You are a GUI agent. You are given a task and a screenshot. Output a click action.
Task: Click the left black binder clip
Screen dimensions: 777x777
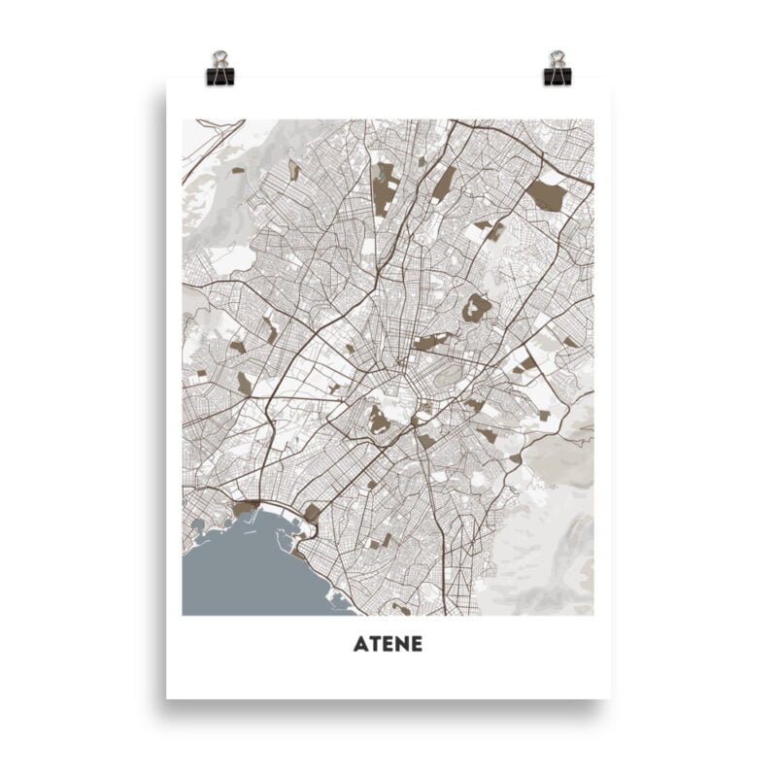(x=220, y=73)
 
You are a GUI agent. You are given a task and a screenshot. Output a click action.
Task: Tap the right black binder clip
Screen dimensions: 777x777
(x=557, y=73)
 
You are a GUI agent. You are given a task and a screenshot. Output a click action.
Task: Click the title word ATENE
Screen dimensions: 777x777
(x=388, y=644)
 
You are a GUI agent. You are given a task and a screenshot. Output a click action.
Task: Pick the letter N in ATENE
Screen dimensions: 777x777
(x=401, y=644)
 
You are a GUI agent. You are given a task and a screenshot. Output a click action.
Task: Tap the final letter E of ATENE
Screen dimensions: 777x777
(x=416, y=644)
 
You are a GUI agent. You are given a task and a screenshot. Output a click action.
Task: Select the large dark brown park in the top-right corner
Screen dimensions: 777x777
(x=547, y=194)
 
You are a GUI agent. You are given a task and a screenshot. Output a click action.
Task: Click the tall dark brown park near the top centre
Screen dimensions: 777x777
(x=385, y=188)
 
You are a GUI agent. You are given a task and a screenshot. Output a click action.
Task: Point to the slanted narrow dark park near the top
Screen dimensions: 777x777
(x=443, y=184)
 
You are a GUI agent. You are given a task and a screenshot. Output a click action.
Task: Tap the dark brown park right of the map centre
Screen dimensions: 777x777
(x=476, y=308)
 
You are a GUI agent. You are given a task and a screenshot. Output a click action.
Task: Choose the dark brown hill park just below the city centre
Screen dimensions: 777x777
(x=379, y=421)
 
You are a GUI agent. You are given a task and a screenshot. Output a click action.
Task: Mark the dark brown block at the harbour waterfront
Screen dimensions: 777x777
(x=246, y=507)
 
